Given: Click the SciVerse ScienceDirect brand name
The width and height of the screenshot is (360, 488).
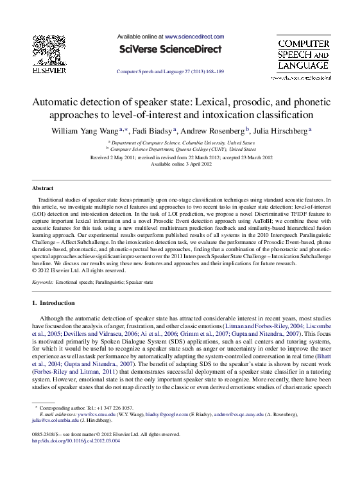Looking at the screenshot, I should [x=170, y=49].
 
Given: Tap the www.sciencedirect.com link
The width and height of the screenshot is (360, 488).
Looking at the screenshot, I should [x=194, y=37].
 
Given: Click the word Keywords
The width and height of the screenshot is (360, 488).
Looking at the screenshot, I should [x=42, y=282].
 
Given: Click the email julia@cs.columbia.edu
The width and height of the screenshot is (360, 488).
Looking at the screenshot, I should [x=55, y=421].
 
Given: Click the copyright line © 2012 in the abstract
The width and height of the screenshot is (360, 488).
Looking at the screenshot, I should [x=74, y=270].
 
